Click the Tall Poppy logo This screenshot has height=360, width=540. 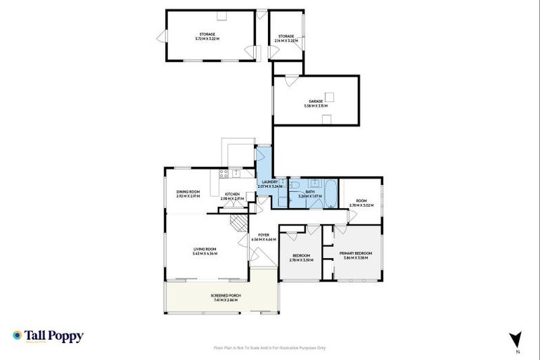click(x=48, y=336)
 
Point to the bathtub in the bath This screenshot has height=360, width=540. click(x=328, y=201)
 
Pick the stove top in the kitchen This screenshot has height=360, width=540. click(x=224, y=173)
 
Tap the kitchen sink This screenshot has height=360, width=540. click(x=238, y=173)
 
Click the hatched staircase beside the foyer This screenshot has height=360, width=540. click(x=240, y=223)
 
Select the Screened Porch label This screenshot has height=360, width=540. click(x=225, y=297)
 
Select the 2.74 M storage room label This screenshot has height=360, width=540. click(x=285, y=38)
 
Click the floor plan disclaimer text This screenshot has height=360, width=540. click(x=270, y=347)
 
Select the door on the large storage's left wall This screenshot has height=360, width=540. click(x=162, y=37)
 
